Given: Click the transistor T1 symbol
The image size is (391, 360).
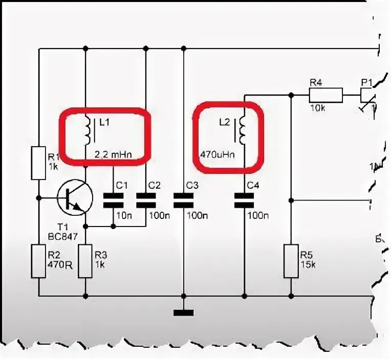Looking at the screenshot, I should point(74,198).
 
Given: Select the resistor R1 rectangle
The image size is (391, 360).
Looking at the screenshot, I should point(39,163).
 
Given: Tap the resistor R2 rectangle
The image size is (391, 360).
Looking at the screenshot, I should point(39,261).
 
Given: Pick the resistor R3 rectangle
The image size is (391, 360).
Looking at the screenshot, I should point(85,261).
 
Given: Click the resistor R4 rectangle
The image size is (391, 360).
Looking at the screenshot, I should point(325,95).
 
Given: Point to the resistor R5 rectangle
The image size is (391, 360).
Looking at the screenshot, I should point(291,261).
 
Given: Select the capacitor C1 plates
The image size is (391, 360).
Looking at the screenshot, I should point(113,200).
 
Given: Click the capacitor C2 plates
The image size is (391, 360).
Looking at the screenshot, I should point(146,200).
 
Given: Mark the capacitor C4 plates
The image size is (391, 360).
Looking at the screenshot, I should point(244,200).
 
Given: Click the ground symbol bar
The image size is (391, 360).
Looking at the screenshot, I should point(184,312).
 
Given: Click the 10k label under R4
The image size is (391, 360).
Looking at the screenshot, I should point(317,108).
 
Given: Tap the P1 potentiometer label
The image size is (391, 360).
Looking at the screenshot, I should point(367,82).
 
